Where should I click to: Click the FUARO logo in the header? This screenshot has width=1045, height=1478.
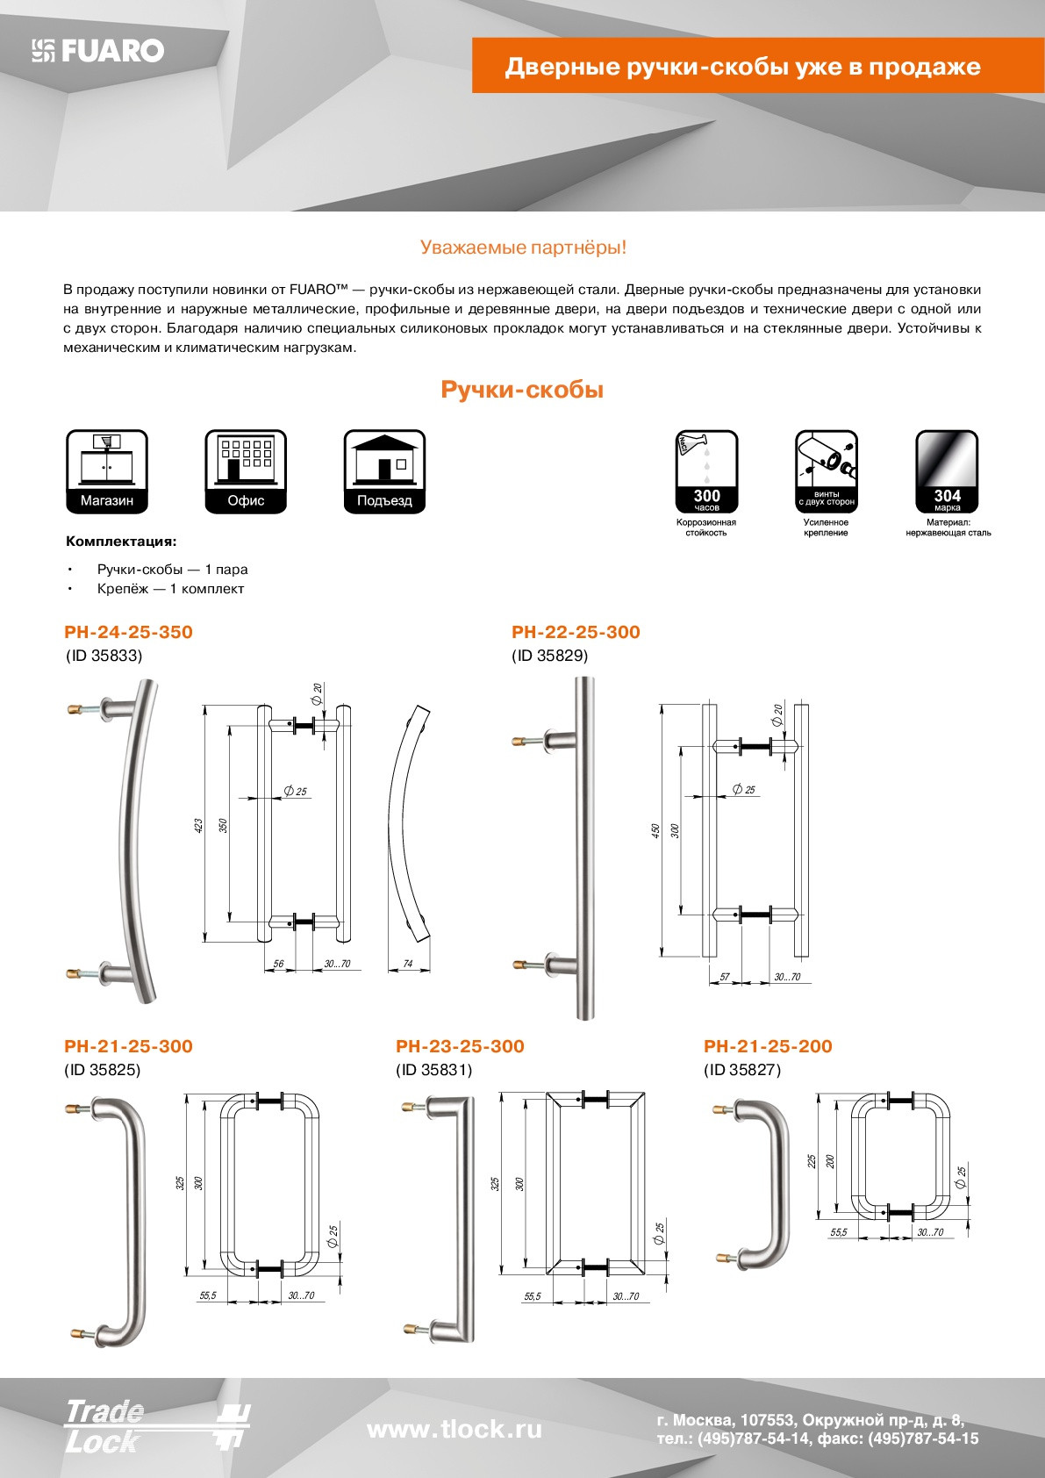coord(98,51)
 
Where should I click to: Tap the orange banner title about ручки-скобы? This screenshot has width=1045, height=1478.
coord(742,67)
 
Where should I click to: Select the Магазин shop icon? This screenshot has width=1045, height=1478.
coord(107,471)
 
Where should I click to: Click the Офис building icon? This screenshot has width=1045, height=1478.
coord(246,471)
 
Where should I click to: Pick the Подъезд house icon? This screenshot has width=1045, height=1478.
coord(384,471)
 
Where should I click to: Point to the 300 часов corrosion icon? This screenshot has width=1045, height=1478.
coord(706,471)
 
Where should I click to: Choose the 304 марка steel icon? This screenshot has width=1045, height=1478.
coord(947,471)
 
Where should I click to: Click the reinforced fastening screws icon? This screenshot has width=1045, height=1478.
coord(826,471)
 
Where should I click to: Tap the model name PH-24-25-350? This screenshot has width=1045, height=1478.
coord(128,632)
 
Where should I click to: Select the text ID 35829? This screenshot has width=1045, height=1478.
coord(550,656)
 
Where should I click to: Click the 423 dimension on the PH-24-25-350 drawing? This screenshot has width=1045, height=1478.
coord(198,825)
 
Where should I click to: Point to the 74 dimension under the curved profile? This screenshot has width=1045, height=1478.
coord(407,964)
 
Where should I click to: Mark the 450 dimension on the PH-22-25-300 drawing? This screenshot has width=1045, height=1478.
coord(655,830)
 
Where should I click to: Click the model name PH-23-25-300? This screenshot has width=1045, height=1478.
coord(460,1046)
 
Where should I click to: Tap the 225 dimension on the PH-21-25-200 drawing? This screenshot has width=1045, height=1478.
coord(812,1160)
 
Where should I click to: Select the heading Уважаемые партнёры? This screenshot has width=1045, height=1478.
coord(523,248)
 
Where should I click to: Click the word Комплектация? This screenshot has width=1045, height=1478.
coord(120,542)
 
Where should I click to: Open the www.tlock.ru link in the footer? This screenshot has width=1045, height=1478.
coord(454,1430)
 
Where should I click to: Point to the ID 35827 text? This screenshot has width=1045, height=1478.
coord(742,1070)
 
